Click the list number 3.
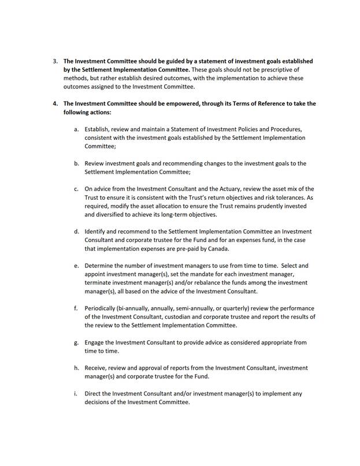click(x=55, y=61)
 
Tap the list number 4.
click(x=55, y=104)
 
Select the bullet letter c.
click(x=76, y=189)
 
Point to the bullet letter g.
click(x=76, y=342)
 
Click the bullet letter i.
click(x=76, y=394)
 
